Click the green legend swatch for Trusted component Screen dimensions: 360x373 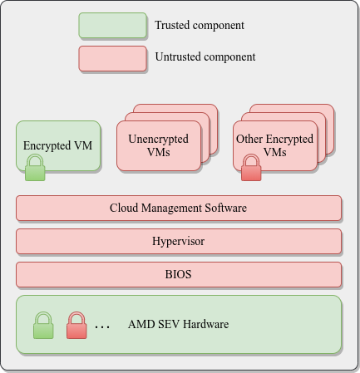pyautogui.click(x=112, y=25)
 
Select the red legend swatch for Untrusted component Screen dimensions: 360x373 pyautogui.click(x=112, y=58)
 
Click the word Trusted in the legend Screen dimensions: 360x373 pyautogui.click(x=172, y=25)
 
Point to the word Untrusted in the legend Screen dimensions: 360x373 pyautogui.click(x=178, y=56)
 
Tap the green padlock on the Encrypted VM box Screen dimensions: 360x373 pyautogui.click(x=35, y=168)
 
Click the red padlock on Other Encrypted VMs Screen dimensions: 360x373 pyautogui.click(x=251, y=168)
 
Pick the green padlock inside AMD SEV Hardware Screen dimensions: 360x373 pyautogui.click(x=43, y=326)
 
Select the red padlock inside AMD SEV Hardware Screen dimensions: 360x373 pyautogui.click(x=76, y=326)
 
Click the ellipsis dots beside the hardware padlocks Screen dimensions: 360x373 pyautogui.click(x=102, y=327)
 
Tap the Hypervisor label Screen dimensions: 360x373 pyautogui.click(x=178, y=241)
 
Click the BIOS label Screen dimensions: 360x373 pyautogui.click(x=178, y=274)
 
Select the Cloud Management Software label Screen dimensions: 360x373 pyautogui.click(x=178, y=208)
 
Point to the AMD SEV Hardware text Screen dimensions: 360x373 pyautogui.click(x=178, y=324)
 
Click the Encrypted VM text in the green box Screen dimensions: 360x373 pyautogui.click(x=57, y=145)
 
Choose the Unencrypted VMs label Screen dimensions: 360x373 pyautogui.click(x=158, y=145)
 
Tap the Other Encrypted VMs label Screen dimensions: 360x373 pyautogui.click(x=274, y=145)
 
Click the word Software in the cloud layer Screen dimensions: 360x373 pyautogui.click(x=225, y=208)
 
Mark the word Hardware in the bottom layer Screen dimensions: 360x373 pyautogui.click(x=206, y=324)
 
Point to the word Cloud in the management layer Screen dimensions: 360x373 pyautogui.click(x=124, y=208)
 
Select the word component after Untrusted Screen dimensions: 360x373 pyautogui.click(x=229, y=57)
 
